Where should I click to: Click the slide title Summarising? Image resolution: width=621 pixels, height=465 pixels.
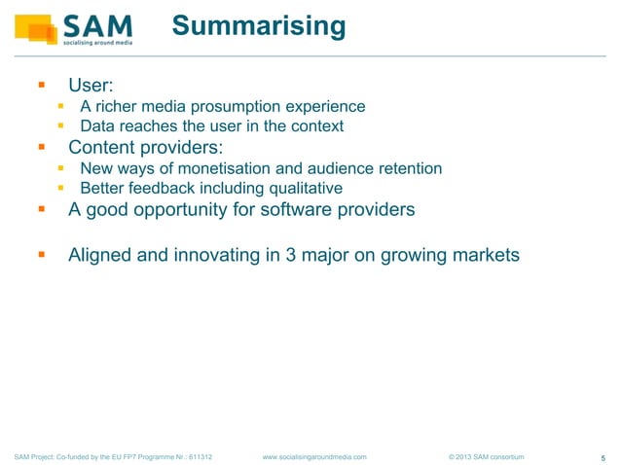(258, 25)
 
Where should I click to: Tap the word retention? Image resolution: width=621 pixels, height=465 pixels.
(408, 168)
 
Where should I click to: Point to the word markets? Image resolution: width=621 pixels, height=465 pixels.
(484, 256)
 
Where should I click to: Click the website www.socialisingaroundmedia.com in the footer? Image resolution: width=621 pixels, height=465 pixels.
(315, 455)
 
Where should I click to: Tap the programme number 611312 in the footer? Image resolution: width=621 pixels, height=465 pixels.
(199, 455)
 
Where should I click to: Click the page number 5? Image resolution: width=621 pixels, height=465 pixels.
(603, 457)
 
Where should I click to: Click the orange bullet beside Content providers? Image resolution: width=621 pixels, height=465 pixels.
(42, 148)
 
